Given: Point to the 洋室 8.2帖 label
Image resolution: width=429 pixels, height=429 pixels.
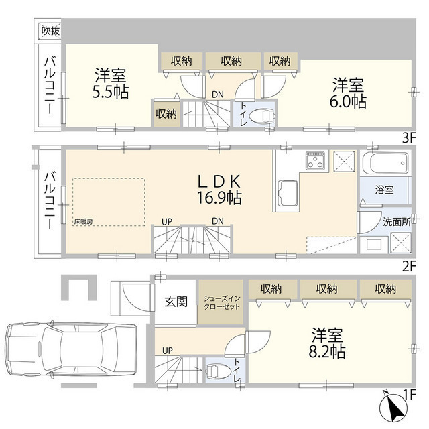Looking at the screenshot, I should coord(327,342).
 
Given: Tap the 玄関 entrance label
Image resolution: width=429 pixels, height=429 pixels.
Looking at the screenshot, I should coord(178,301).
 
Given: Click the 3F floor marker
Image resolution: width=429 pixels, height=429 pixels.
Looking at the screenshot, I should coord(409,138).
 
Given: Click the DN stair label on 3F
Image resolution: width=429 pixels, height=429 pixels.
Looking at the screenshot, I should coord(218,95).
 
